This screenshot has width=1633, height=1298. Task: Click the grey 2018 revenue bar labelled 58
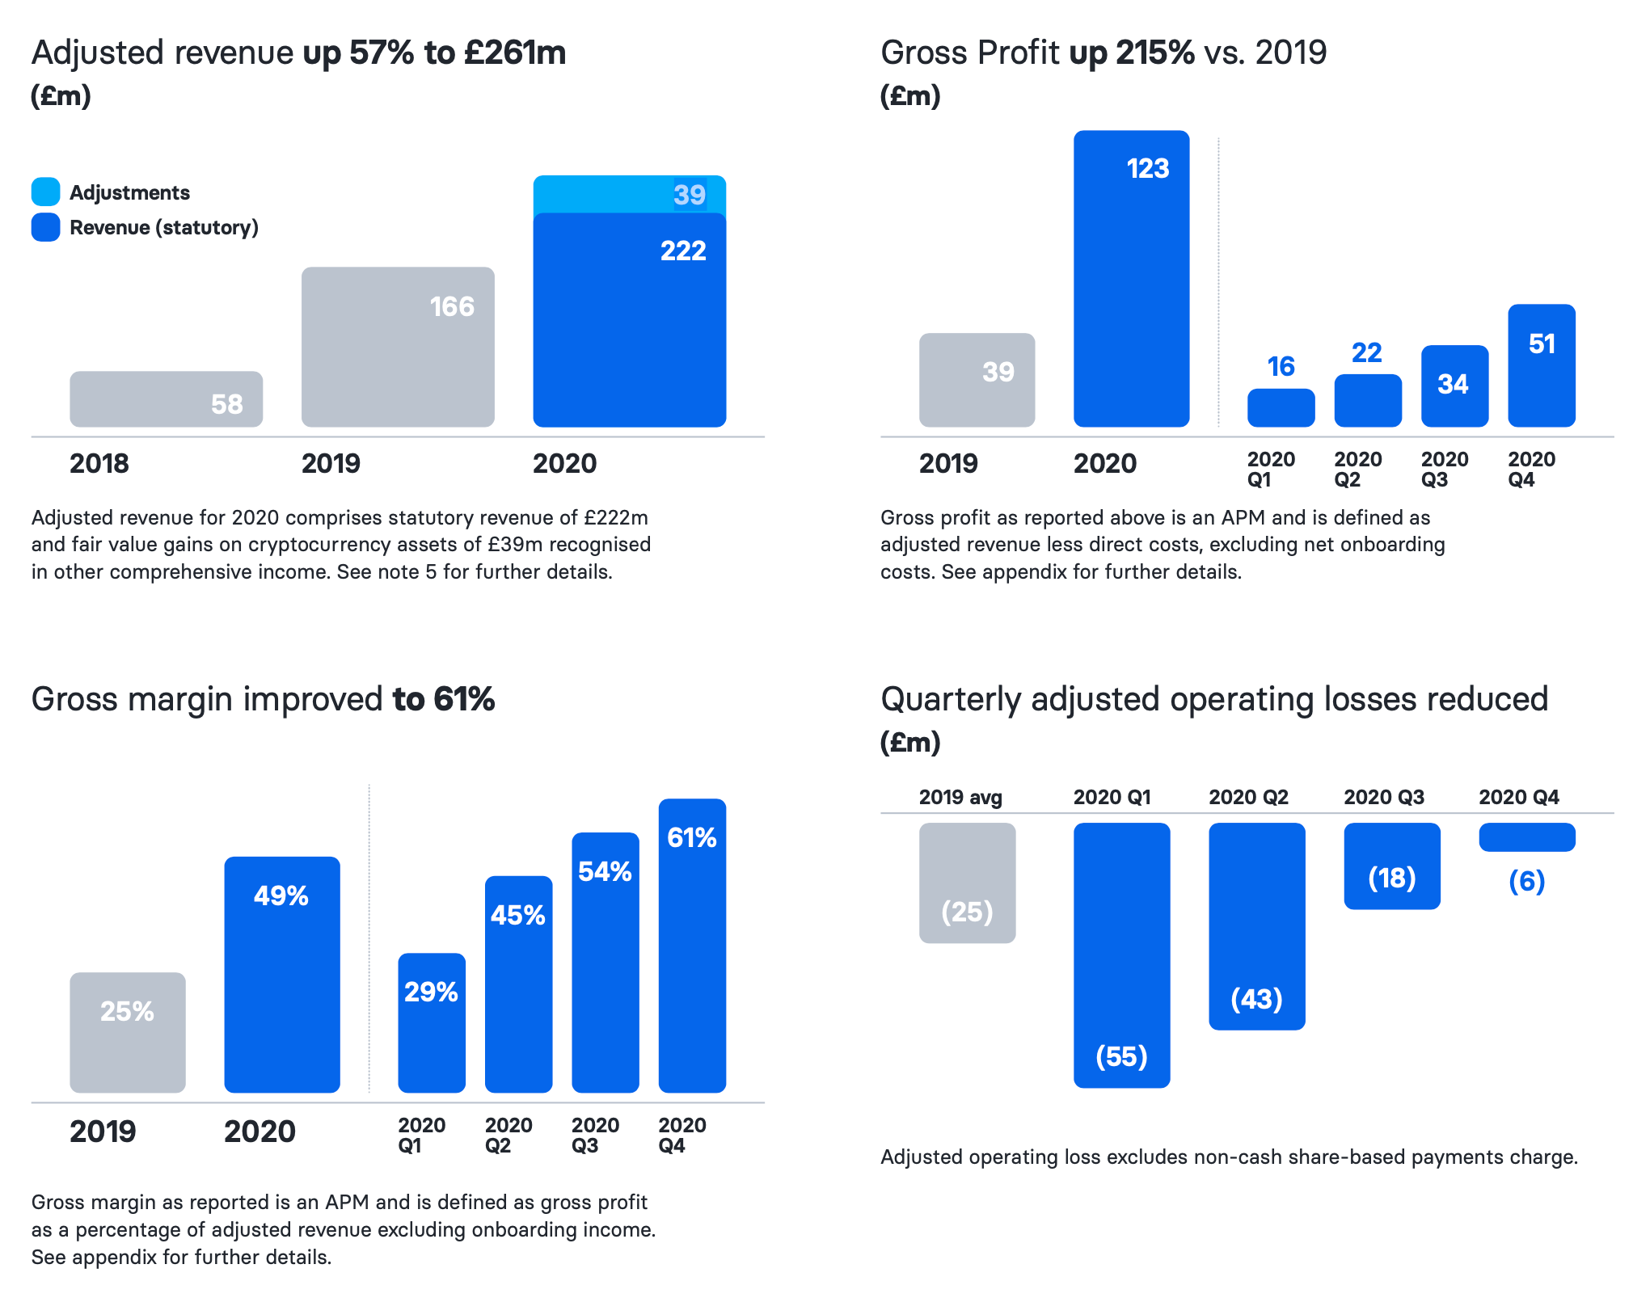point(166,399)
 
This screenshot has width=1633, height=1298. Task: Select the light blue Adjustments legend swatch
point(45,192)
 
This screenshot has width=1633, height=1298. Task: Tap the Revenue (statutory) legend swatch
point(45,227)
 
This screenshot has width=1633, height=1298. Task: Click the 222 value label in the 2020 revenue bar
point(683,251)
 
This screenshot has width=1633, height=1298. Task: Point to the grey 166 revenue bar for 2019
point(398,347)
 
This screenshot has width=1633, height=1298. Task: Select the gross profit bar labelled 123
point(1131,279)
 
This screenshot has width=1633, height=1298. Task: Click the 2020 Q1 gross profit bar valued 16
point(1281,407)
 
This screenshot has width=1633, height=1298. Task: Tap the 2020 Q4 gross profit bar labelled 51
point(1541,365)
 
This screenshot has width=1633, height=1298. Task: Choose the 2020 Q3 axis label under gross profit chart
point(1444,470)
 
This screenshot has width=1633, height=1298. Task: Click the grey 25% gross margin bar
point(128,1032)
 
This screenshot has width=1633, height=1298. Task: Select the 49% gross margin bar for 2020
point(282,974)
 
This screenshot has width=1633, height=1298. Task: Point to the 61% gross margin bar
point(692,946)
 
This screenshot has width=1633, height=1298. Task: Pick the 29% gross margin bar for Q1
point(432,1022)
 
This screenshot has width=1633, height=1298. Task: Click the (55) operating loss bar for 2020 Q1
point(1121,955)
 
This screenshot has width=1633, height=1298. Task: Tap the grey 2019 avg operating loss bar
point(967,883)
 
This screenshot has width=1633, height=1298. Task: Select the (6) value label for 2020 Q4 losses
point(1526,880)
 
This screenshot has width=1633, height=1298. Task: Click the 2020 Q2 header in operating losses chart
point(1248,797)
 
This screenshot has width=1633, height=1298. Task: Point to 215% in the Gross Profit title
point(1155,53)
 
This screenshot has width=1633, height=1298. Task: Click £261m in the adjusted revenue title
point(515,53)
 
